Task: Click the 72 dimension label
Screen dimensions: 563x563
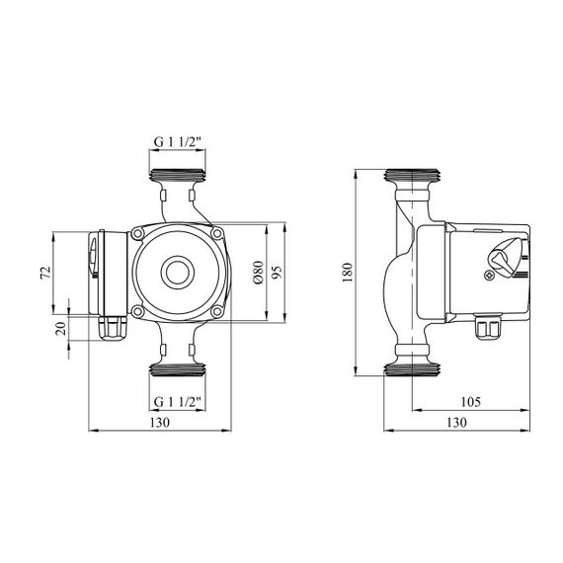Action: (x=45, y=273)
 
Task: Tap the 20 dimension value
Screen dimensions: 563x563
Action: (x=61, y=329)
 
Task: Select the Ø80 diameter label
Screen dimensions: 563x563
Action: (x=258, y=273)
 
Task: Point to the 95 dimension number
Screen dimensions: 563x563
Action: (x=278, y=273)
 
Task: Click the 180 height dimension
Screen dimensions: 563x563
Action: (x=348, y=273)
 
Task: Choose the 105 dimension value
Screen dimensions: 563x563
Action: (x=470, y=402)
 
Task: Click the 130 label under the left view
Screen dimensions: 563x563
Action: (x=159, y=423)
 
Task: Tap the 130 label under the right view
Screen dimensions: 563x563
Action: (x=456, y=423)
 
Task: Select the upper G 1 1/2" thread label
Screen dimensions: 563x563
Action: (x=177, y=142)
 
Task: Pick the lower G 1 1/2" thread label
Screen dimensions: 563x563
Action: (x=177, y=402)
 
